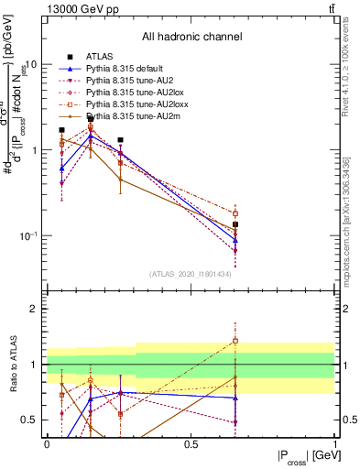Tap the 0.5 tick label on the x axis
point(191,444)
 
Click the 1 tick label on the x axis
point(334,444)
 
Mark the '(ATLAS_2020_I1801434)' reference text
point(191,274)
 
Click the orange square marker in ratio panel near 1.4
point(235,341)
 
